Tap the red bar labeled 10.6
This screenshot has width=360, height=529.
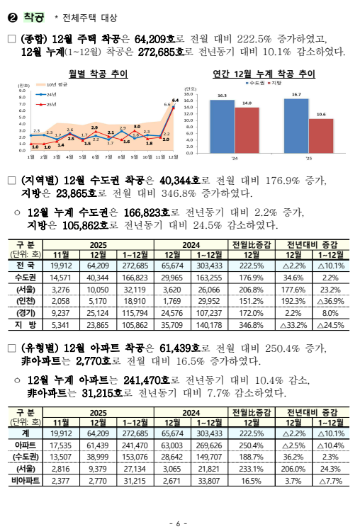[x=320, y=135]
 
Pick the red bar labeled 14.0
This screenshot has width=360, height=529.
[x=247, y=129]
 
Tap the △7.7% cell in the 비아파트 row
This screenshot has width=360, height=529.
[x=330, y=481]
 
